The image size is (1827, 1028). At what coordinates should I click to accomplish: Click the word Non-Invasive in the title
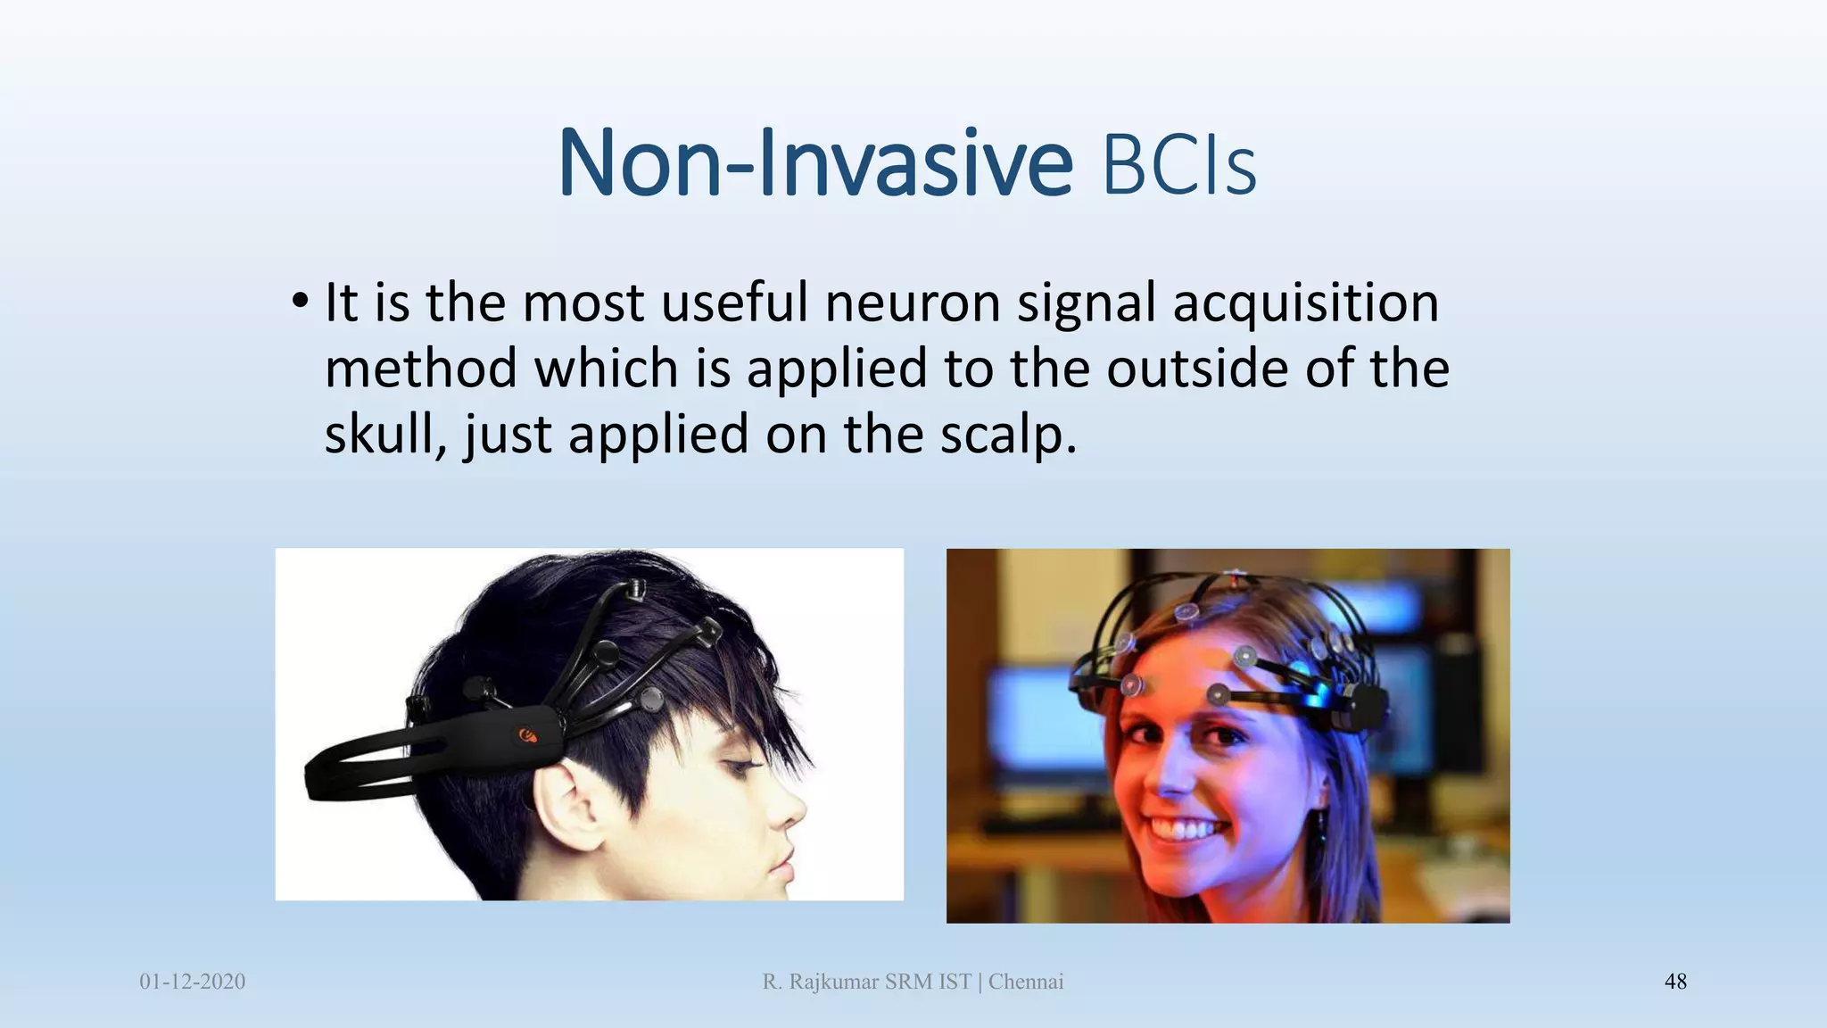click(814, 163)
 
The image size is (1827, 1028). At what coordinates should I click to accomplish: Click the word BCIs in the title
click(1179, 166)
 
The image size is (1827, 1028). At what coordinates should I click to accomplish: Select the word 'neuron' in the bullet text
click(912, 303)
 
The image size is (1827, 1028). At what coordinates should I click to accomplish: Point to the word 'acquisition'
click(1305, 303)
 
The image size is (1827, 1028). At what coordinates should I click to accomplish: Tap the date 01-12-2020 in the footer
click(192, 982)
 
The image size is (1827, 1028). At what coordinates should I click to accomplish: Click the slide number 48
click(1675, 982)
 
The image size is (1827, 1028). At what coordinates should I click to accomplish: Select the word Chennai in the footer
click(1026, 982)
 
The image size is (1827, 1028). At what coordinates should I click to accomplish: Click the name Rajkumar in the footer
click(834, 982)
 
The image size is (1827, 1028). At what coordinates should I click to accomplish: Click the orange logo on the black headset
click(528, 735)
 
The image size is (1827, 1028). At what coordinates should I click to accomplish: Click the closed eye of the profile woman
click(737, 765)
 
